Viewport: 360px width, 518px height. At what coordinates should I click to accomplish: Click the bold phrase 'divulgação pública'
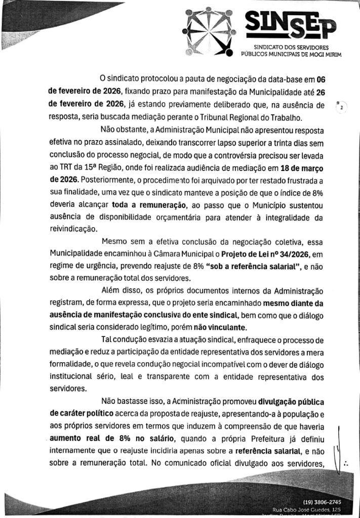(x=301, y=403)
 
